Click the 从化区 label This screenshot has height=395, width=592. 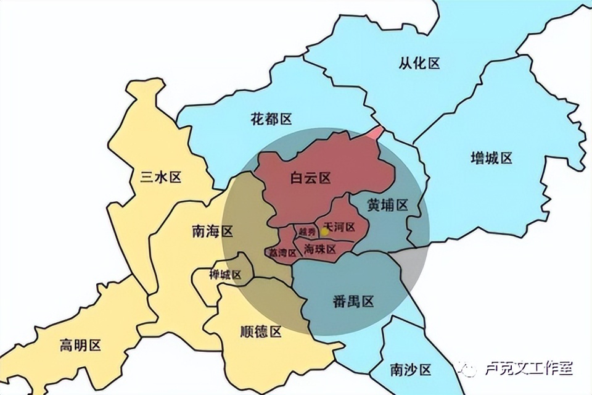click(419, 63)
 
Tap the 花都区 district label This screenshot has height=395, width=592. click(271, 118)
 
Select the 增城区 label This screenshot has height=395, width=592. click(491, 158)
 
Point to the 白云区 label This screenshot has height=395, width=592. click(311, 178)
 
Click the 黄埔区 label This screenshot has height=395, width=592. click(388, 206)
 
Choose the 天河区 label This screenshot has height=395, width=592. click(339, 227)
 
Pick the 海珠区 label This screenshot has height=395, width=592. click(319, 249)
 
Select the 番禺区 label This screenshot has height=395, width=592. click(353, 302)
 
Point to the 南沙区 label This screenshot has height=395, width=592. click(411, 369)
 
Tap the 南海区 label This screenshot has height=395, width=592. click(213, 231)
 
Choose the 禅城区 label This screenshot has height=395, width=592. click(225, 275)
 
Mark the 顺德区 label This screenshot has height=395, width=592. click(260, 331)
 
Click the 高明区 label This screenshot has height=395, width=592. click(80, 345)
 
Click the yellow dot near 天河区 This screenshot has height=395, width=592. click(325, 231)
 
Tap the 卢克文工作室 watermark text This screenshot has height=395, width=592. click(528, 369)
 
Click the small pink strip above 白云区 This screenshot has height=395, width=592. click(376, 133)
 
